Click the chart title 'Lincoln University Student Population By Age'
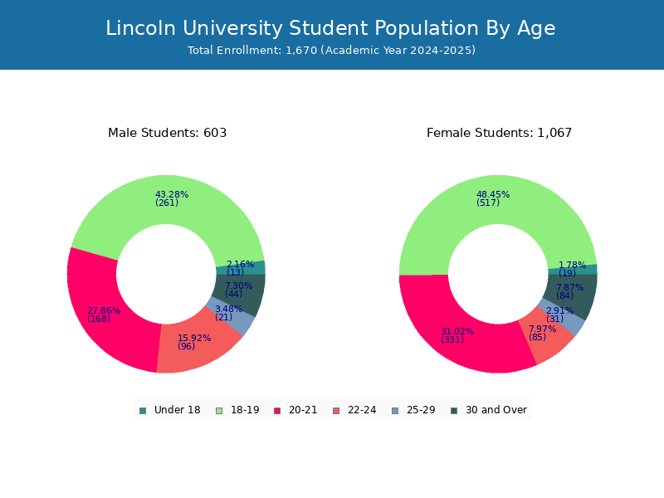pyautogui.click(x=330, y=28)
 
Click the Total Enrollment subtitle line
pyautogui.click(x=331, y=51)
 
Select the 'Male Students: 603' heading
pyautogui.click(x=168, y=133)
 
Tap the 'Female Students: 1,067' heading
pyautogui.click(x=499, y=133)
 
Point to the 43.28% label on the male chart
pyautogui.click(x=172, y=198)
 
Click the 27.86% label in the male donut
pyautogui.click(x=104, y=315)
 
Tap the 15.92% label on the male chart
pyautogui.click(x=194, y=342)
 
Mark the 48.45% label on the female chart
pyautogui.click(x=493, y=198)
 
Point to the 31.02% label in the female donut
pyautogui.click(x=457, y=335)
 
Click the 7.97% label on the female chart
pyautogui.click(x=542, y=333)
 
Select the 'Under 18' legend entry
pyautogui.click(x=170, y=410)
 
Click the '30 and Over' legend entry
pyautogui.click(x=489, y=410)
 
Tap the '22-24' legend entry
pyautogui.click(x=355, y=410)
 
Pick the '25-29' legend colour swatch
pyautogui.click(x=396, y=411)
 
